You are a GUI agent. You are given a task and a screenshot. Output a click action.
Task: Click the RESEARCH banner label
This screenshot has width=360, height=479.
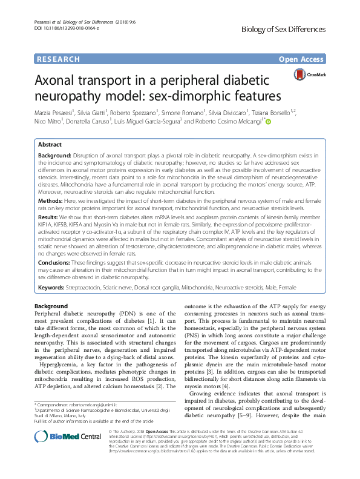(58, 59)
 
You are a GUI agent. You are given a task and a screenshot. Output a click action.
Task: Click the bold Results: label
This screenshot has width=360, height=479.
(50, 232)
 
